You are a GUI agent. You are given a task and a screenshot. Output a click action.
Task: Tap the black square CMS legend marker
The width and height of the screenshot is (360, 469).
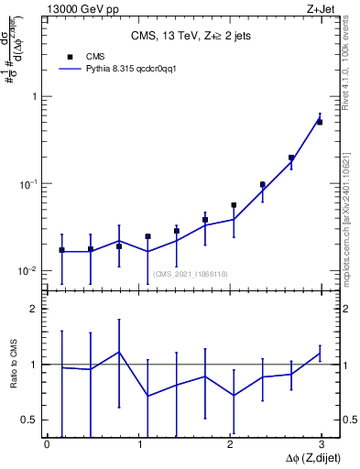pyautogui.click(x=69, y=55)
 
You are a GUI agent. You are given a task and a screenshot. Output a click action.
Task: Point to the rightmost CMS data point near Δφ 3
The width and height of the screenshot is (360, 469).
pyautogui.click(x=320, y=122)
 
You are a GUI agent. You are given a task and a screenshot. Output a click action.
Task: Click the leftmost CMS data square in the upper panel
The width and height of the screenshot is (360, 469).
pyautogui.click(x=61, y=249)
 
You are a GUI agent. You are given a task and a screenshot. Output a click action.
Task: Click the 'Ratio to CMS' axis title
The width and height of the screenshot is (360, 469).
pyautogui.click(x=12, y=365)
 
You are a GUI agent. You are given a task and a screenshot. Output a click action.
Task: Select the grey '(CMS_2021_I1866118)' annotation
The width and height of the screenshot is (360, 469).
pyautogui.click(x=191, y=274)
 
